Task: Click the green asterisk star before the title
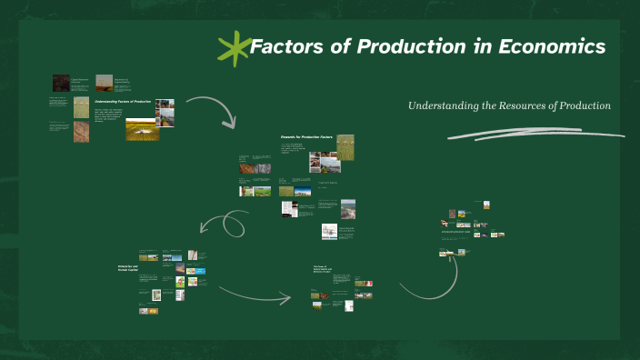pos(235,48)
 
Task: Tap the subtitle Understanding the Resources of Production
pos(509,105)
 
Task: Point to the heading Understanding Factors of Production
pos(123,102)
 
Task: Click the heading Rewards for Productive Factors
pos(305,136)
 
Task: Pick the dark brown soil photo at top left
pos(61,83)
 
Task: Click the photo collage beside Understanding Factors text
pos(165,112)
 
